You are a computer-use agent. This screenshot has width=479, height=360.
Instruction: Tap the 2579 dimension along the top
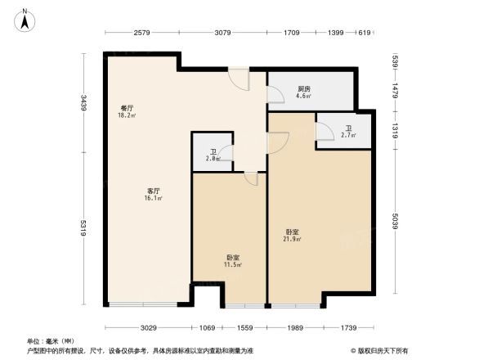[142, 34]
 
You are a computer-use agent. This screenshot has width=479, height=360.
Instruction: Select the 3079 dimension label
[223, 34]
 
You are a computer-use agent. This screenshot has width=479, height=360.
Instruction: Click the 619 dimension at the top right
[365, 34]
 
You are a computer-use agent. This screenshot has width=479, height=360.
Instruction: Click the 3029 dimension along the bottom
[147, 327]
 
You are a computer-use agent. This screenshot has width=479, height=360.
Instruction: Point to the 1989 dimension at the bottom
[297, 327]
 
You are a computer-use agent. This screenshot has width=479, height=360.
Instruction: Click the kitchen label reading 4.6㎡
[303, 92]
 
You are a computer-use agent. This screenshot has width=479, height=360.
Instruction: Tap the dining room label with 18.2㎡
[127, 112]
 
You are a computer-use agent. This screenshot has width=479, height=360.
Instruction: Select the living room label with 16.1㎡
[153, 195]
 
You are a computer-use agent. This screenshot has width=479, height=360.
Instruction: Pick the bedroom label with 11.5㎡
[232, 262]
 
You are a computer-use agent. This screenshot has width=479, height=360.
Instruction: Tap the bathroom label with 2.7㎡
[347, 130]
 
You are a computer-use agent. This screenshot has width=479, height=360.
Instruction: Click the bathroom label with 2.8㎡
[213, 155]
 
